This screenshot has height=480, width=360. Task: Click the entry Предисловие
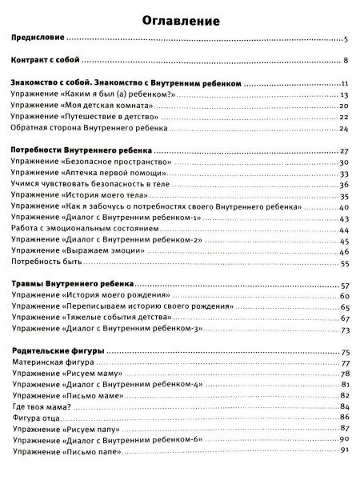click(x=39, y=38)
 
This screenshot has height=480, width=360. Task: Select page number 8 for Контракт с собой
click(x=345, y=61)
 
